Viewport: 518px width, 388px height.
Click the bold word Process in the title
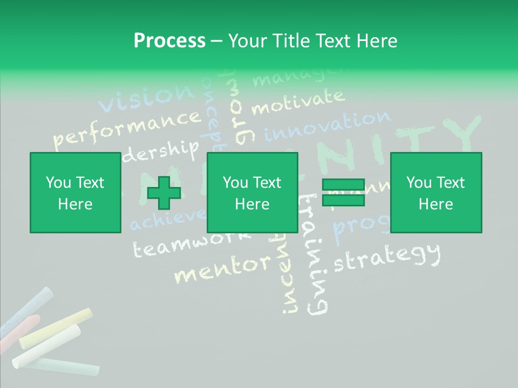(169, 40)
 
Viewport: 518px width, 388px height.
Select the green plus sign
(164, 193)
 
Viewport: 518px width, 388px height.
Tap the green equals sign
(343, 192)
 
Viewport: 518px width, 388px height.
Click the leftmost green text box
(75, 192)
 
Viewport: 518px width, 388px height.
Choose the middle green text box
(252, 192)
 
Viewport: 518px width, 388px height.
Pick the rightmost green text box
(435, 192)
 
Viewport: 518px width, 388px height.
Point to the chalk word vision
(146, 98)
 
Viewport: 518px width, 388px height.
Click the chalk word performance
(127, 128)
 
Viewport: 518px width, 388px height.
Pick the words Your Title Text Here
(312, 40)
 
